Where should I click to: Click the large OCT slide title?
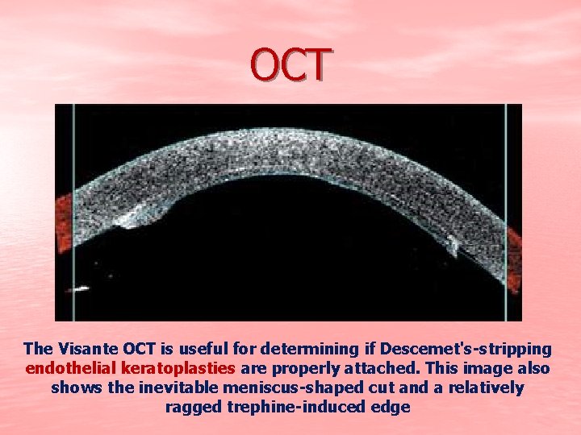290,65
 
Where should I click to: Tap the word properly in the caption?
313,369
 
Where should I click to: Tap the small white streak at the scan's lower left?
80,288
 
